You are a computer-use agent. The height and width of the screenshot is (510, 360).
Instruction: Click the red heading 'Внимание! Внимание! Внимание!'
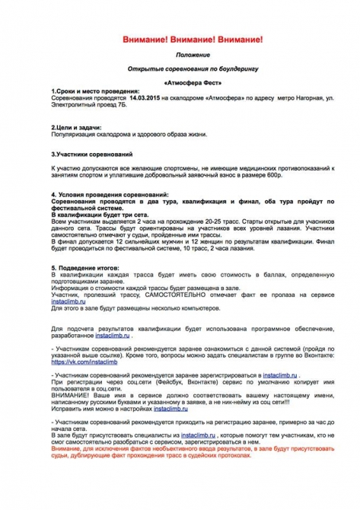point(180,38)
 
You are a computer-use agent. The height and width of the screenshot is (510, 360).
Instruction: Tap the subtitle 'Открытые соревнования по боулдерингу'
point(180,68)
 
